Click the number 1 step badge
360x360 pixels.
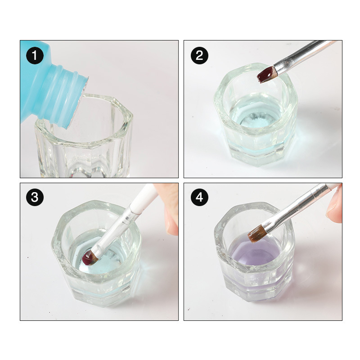pyautogui.click(x=35, y=55)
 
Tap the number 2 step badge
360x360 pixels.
pyautogui.click(x=199, y=55)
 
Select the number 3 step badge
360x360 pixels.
pyautogui.click(x=35, y=197)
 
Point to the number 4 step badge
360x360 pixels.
pyautogui.click(x=199, y=197)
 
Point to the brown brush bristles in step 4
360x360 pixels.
pyautogui.click(x=256, y=234)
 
